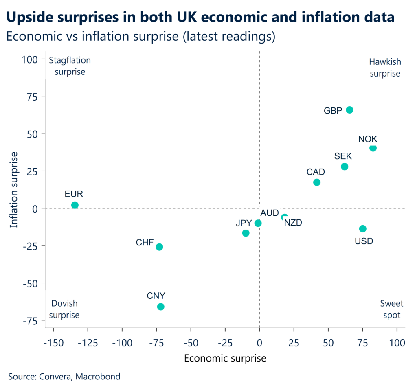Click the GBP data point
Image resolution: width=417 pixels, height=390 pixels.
pos(349,110)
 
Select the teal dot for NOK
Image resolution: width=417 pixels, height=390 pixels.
pos(373,148)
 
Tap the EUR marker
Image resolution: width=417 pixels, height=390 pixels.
pos(75,205)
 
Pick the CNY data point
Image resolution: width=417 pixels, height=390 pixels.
pos(161,307)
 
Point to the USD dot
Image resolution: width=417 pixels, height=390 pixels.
pos(362,229)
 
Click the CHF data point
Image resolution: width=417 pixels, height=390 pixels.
pos(159,247)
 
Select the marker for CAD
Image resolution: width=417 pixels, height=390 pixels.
pos(317,182)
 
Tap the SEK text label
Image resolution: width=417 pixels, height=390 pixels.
pos(343,156)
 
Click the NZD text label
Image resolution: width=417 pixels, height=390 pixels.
pos(293,223)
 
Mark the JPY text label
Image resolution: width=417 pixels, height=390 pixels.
pos(244,223)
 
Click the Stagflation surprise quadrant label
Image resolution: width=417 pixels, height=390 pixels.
pos(70,66)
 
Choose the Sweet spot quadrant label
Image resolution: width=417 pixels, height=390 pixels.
pos(391,309)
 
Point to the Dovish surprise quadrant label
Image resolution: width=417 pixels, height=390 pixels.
pos(65,309)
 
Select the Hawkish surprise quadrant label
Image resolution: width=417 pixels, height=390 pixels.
pos(385,68)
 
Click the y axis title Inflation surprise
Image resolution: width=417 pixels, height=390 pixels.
pos(14,190)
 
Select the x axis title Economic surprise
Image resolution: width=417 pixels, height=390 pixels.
pos(225,358)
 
